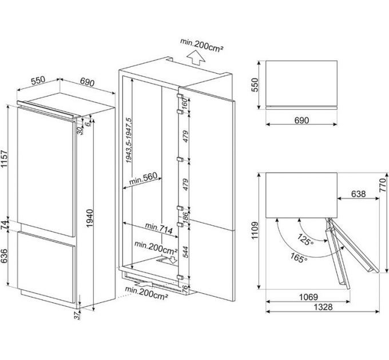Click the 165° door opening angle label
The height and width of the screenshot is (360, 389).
pos(297,258)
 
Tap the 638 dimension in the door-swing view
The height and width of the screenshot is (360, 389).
pos(358,194)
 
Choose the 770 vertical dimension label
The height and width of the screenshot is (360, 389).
pos(383,185)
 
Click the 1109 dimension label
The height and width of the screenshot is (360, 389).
pos(256,230)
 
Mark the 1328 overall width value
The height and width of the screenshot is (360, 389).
pos(324,308)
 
